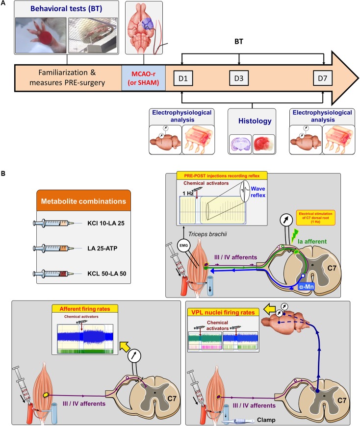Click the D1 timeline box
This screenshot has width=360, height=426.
coord(183,78)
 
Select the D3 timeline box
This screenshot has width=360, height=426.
coord(238,78)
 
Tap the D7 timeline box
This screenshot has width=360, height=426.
coord(323,78)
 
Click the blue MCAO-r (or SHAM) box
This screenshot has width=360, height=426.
coord(144,77)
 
